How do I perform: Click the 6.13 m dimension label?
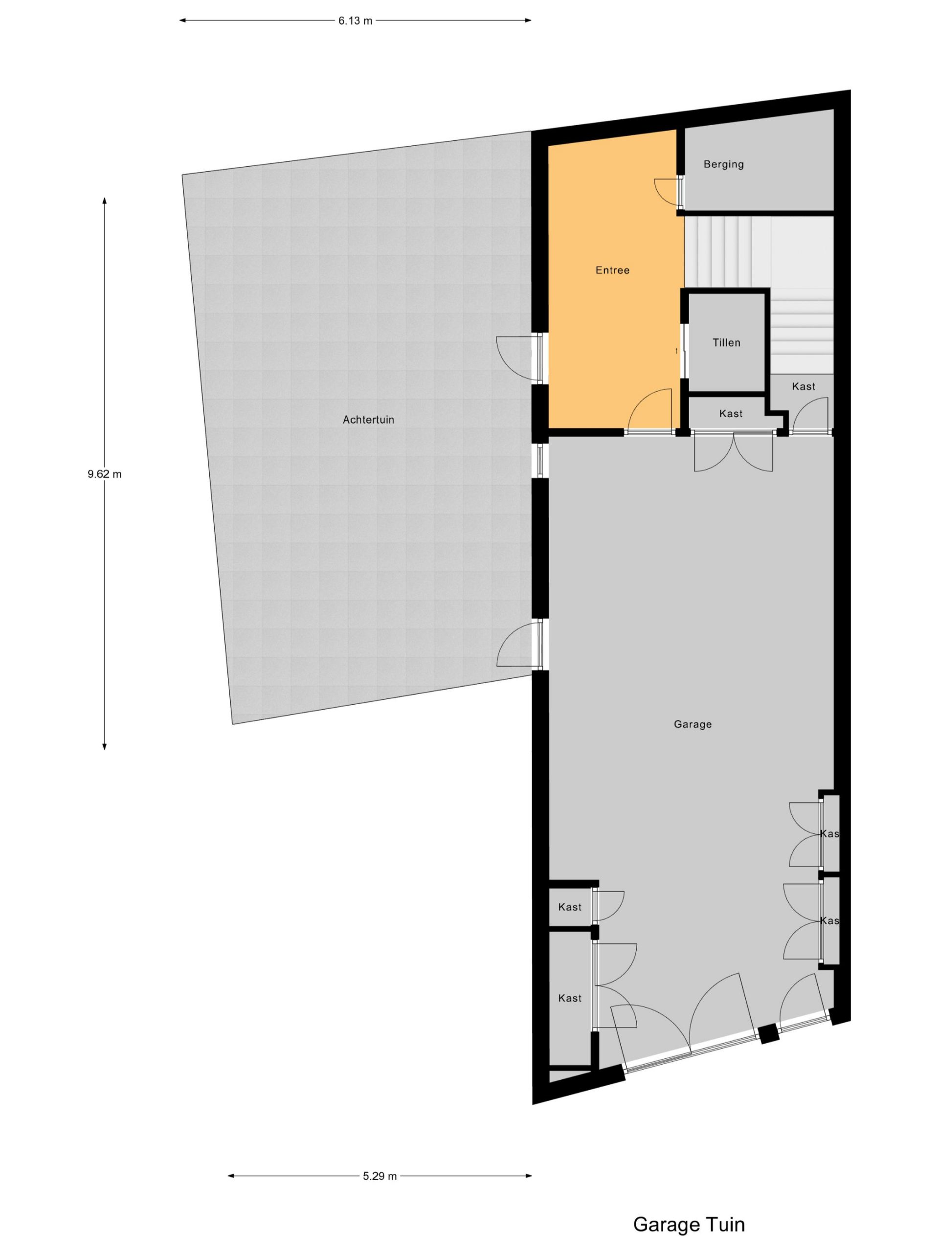[x=356, y=21]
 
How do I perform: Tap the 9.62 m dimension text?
[x=104, y=474]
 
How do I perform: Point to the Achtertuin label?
[x=368, y=420]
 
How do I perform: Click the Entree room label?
[x=612, y=270]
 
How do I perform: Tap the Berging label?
[x=723, y=164]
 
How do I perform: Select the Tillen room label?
[x=726, y=342]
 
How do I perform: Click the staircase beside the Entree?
[x=759, y=294]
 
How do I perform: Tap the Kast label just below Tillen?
[x=731, y=414]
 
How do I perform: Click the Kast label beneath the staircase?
[x=803, y=386]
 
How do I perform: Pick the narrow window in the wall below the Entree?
[x=540, y=460]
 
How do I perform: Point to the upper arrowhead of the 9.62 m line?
[x=104, y=201]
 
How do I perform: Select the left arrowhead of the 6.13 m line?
[x=183, y=21]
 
